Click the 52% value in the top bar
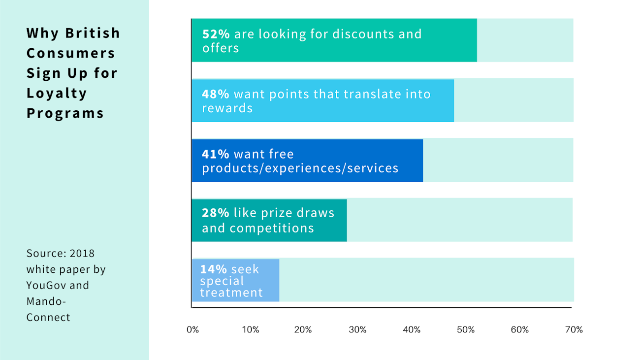click(216, 34)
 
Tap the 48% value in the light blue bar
click(216, 94)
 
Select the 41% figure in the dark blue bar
click(215, 154)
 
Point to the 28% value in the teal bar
click(215, 213)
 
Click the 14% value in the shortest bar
click(213, 269)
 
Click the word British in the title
click(93, 33)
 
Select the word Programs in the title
click(65, 113)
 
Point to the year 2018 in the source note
click(82, 254)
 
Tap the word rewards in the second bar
click(227, 108)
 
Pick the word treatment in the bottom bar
click(231, 293)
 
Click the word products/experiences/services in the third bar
click(300, 168)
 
